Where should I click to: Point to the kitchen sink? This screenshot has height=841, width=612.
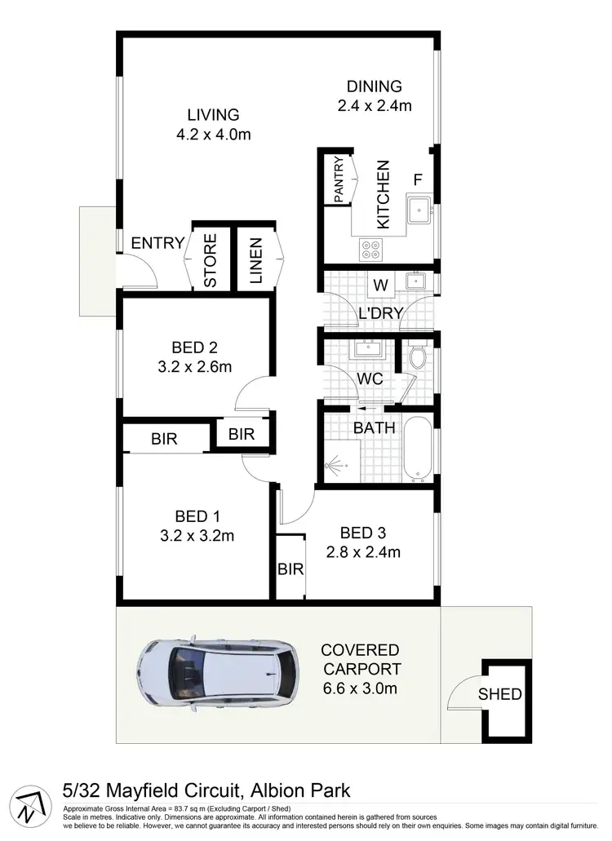tap(421, 209)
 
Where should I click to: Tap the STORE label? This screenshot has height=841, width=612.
tap(210, 261)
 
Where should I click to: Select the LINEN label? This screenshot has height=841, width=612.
tap(255, 261)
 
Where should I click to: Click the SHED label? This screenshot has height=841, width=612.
tap(499, 694)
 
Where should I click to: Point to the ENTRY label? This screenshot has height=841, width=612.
tap(157, 243)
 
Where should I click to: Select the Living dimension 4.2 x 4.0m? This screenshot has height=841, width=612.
tap(213, 135)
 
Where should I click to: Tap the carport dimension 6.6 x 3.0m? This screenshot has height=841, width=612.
tap(359, 689)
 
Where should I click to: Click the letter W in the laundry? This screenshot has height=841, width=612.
tap(379, 285)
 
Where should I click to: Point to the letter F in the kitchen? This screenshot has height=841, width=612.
tap(418, 180)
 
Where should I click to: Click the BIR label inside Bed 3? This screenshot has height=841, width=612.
tap(290, 569)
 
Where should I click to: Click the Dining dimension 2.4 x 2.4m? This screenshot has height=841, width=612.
tap(375, 105)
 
